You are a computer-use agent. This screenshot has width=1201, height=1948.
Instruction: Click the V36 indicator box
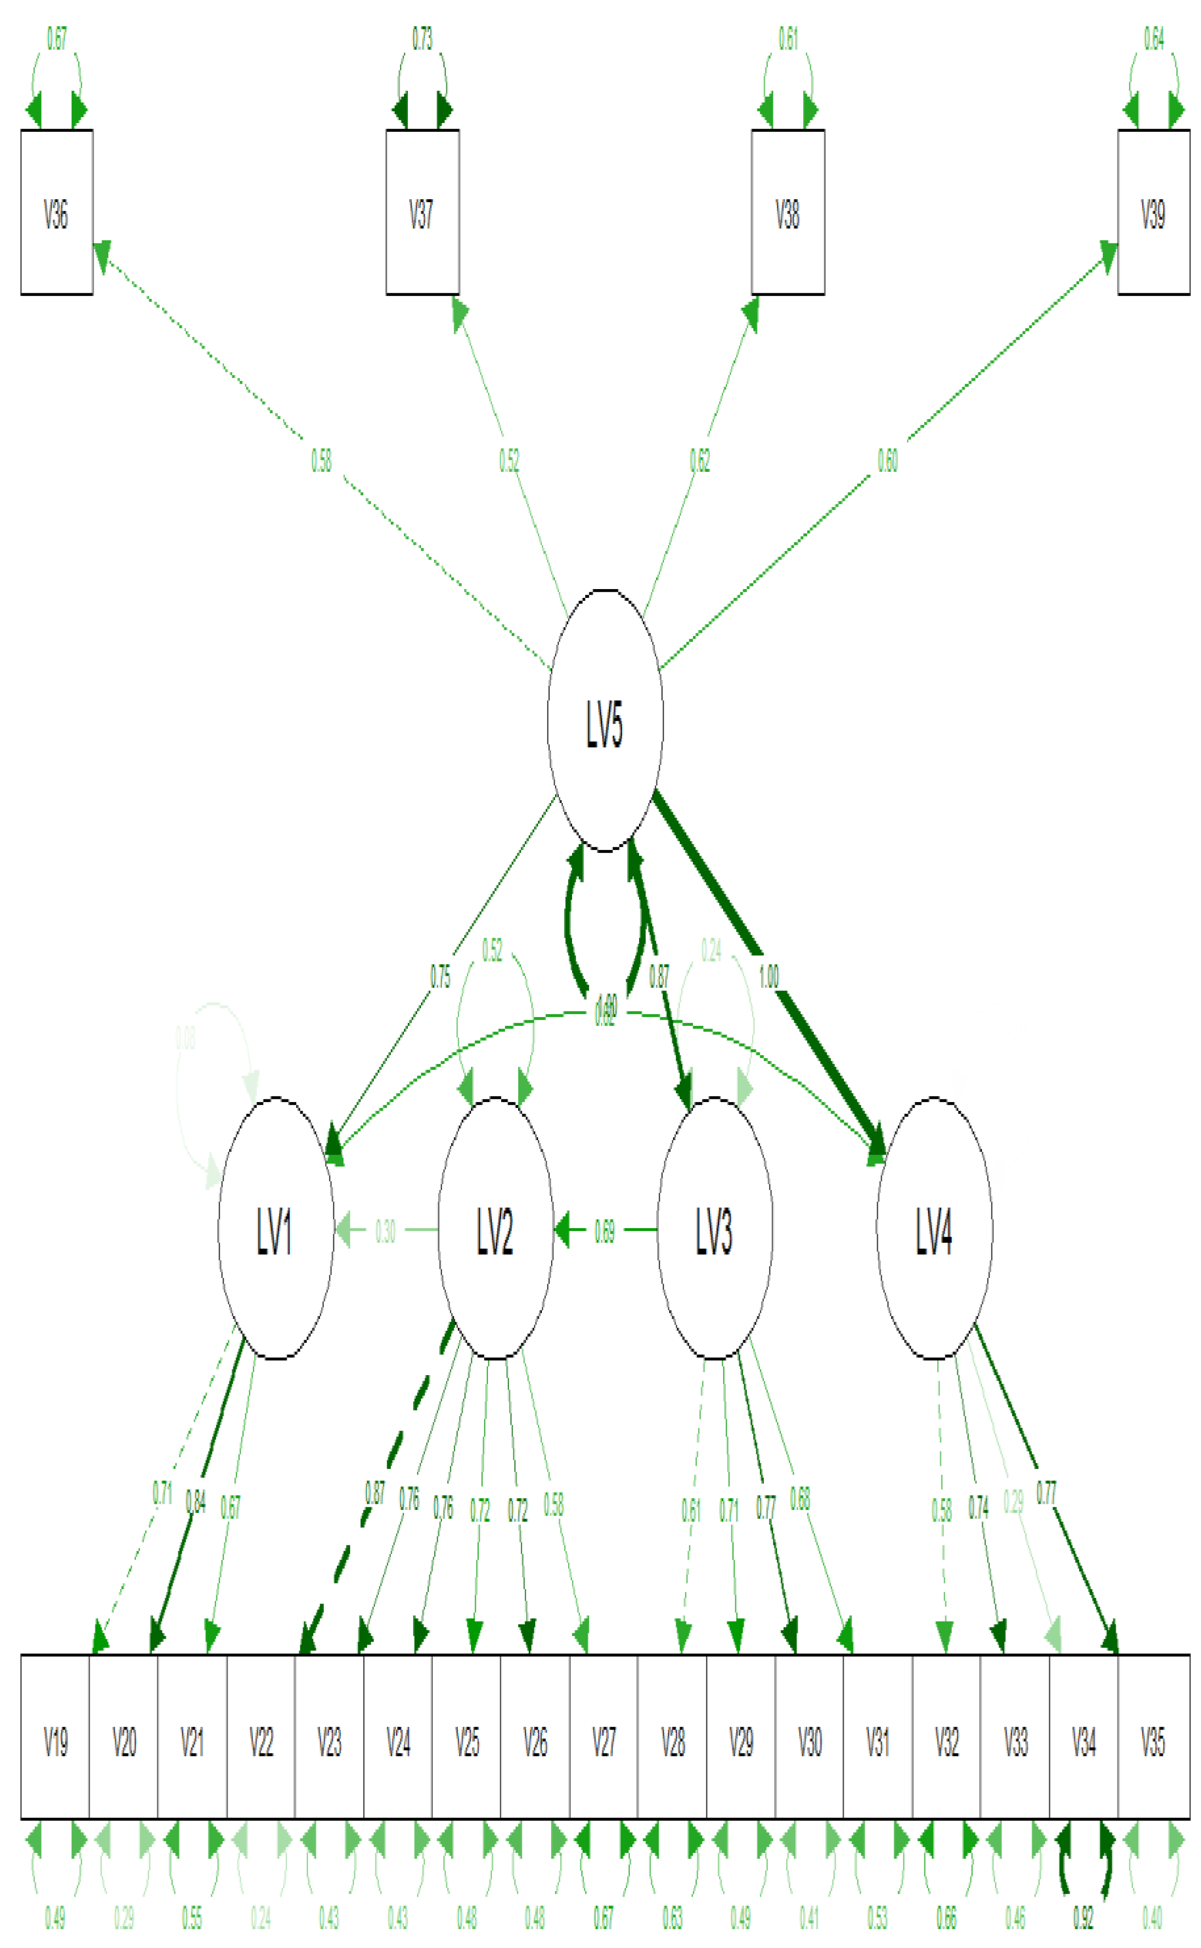pyautogui.click(x=56, y=213)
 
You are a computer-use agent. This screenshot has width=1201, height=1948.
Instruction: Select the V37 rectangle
pyautogui.click(x=422, y=213)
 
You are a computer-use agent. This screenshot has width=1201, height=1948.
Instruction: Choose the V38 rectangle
pyautogui.click(x=788, y=213)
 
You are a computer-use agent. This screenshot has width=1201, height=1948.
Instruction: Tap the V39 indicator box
pyautogui.click(x=1153, y=213)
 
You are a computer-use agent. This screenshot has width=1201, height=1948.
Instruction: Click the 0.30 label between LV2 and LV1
pyautogui.click(x=385, y=1231)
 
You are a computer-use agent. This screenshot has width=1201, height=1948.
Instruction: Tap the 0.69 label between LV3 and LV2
pyautogui.click(x=604, y=1231)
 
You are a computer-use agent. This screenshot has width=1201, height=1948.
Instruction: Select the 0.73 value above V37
pyautogui.click(x=422, y=38)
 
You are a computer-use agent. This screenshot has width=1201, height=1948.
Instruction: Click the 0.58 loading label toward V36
pyautogui.click(x=321, y=460)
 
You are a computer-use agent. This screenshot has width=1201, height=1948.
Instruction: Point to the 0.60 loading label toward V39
pyautogui.click(x=887, y=460)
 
